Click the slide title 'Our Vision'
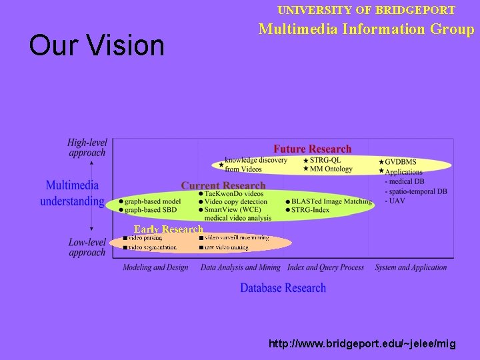[97, 45]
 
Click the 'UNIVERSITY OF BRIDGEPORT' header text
[366, 10]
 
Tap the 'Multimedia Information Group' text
[366, 29]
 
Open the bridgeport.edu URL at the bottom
[362, 344]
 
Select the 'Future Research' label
[312, 149]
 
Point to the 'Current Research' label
[223, 185]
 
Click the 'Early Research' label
[168, 229]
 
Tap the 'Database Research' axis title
[283, 288]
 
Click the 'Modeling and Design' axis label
[155, 267]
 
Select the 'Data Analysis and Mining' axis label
[241, 267]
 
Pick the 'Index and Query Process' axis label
[325, 267]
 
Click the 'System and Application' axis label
[411, 267]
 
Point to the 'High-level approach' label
[87, 147]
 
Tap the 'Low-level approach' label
[87, 247]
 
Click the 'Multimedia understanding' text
[72, 193]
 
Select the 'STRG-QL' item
[326, 161]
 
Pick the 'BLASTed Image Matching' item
[331, 201]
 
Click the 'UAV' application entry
[397, 201]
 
